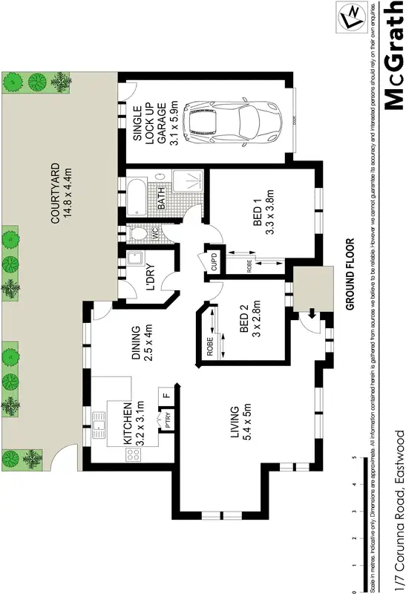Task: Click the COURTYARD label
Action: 60,195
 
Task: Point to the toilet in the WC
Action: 137,235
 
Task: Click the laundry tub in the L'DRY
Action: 135,261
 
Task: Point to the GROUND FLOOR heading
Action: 349,273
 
